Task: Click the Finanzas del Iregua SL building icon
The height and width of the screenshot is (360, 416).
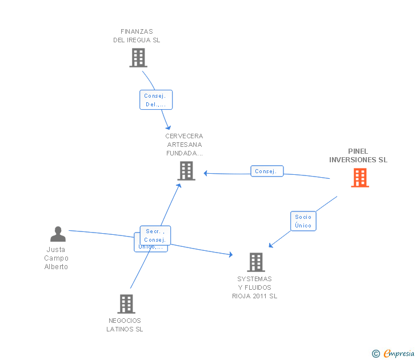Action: coord(138,58)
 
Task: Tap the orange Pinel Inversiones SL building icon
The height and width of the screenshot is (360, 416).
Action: coord(359,178)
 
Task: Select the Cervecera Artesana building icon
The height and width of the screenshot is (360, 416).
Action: coord(186,170)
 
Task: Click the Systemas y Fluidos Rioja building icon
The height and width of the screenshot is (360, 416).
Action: coord(255,262)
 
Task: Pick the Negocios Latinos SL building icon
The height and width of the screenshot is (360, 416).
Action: coord(126,303)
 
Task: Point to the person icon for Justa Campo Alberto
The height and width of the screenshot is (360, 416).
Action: coord(58,234)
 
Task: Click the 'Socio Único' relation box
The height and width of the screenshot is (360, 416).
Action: coord(303,221)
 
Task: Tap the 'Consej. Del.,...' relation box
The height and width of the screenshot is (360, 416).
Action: coord(155,100)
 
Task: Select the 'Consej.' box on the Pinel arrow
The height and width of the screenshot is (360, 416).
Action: coord(266,171)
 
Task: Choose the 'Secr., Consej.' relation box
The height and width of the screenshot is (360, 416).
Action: coord(155,235)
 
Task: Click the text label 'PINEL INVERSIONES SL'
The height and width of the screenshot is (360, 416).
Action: coord(358,155)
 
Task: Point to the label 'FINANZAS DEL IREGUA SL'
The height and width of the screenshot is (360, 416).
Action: coord(137,36)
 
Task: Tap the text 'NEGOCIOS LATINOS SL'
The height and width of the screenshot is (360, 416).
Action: coord(125,325)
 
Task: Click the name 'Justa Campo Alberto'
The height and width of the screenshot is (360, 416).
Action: coord(56,258)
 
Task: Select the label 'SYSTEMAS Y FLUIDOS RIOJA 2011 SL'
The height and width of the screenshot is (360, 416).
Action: coord(255,287)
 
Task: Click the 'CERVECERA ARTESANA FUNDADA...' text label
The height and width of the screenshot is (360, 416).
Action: coord(185,145)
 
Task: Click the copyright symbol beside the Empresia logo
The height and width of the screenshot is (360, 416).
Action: coord(375,354)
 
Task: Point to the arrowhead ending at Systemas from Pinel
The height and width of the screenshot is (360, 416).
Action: coord(271,246)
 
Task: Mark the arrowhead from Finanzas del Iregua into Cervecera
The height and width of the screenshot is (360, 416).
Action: coord(169,128)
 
